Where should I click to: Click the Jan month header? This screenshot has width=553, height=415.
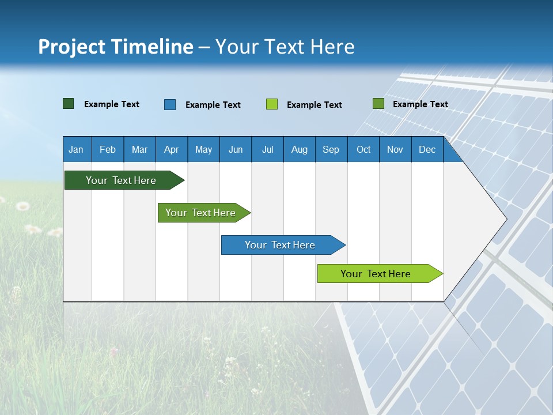(76, 149)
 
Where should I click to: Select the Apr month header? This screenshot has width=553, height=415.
(172, 149)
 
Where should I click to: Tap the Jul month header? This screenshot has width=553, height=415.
(267, 149)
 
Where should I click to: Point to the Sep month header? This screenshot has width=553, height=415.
(331, 149)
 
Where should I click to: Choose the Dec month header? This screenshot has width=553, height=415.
(427, 149)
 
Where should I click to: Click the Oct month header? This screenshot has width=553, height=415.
(363, 149)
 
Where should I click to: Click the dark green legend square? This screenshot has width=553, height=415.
(69, 104)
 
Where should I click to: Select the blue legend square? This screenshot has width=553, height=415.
(170, 104)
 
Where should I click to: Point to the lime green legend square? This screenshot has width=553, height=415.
(272, 104)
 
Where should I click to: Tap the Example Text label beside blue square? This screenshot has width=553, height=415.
(213, 104)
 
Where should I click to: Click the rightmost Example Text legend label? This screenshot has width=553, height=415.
(420, 104)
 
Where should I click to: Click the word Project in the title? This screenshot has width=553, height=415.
(71, 47)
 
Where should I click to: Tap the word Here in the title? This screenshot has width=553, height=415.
(332, 47)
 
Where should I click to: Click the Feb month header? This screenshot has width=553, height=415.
(108, 149)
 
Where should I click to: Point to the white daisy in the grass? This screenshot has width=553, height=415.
(23, 206)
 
